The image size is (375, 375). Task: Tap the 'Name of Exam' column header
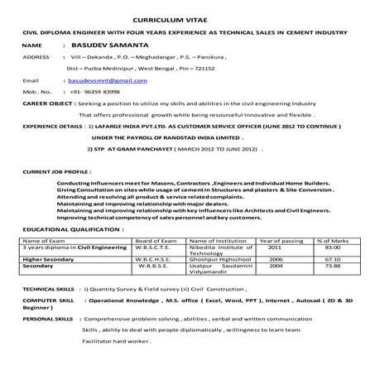click(x=41, y=240)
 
